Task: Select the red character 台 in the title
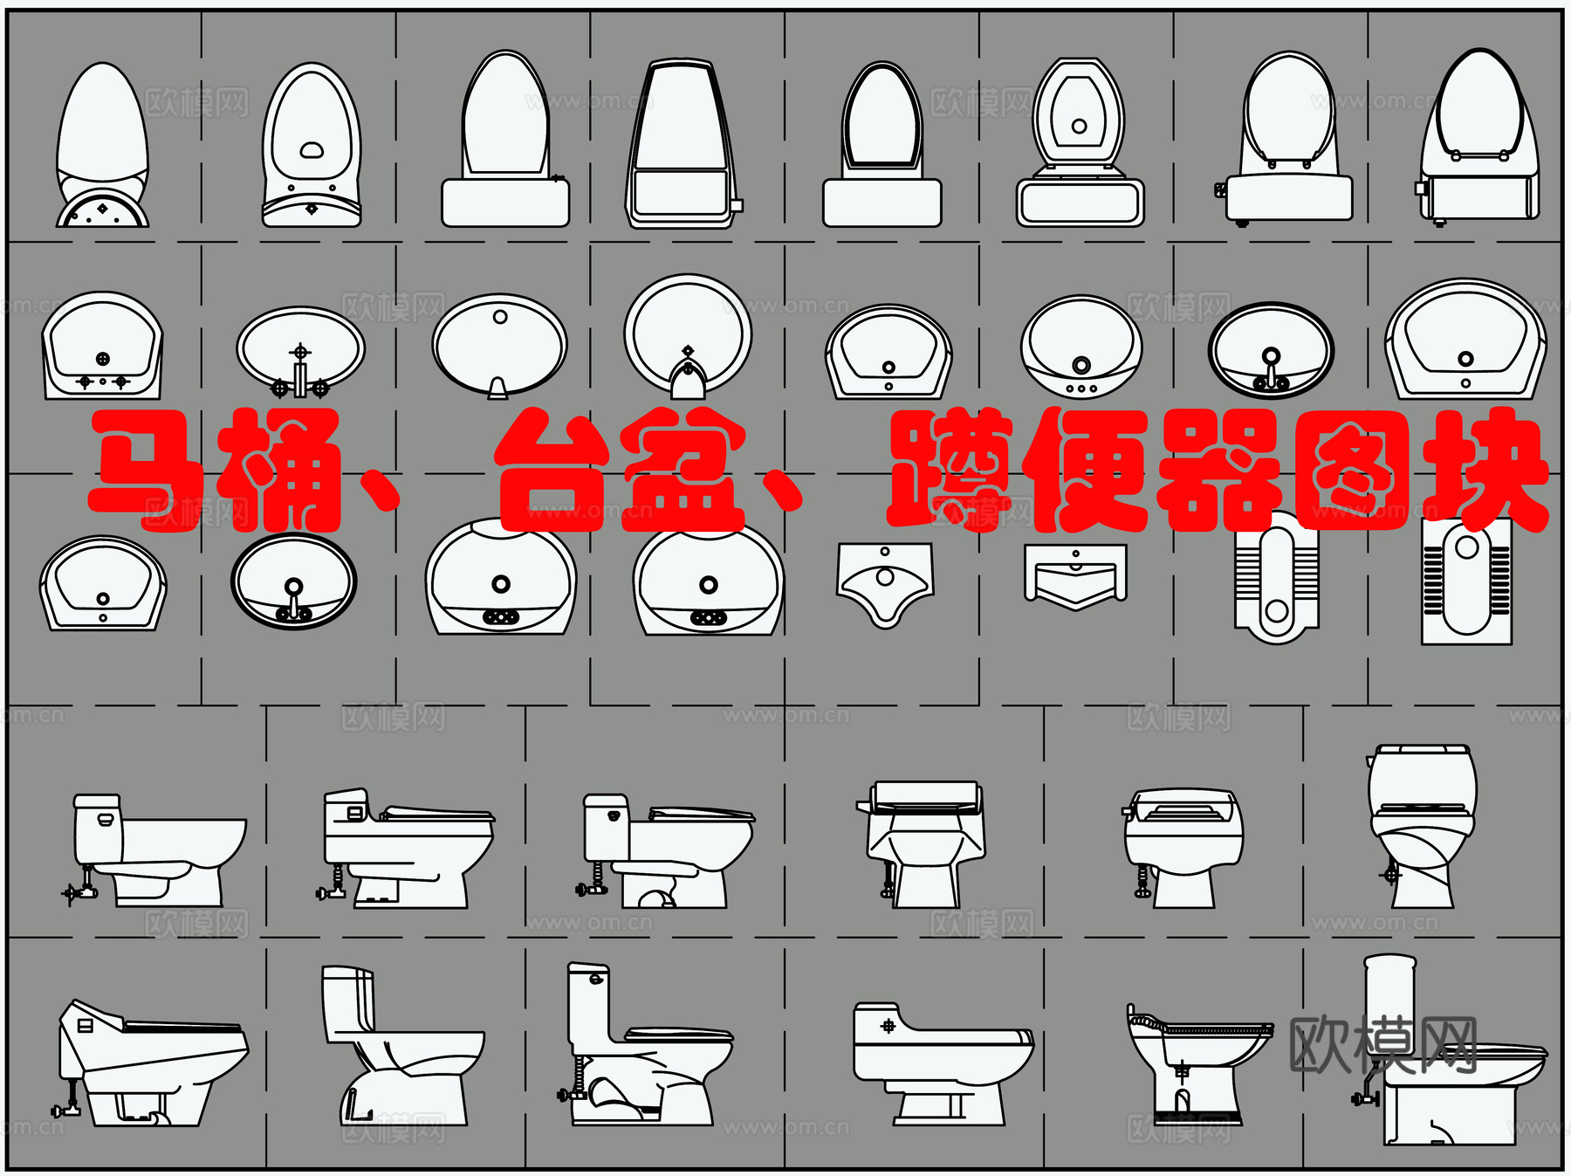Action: pos(555,471)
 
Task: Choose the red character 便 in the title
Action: pos(1087,471)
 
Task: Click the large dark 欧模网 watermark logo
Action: pos(1382,1045)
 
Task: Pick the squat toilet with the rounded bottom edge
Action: pos(1276,581)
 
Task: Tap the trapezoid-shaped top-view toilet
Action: pos(682,144)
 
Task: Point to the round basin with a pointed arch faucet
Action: pos(688,336)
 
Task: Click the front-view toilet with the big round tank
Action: pos(1422,825)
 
